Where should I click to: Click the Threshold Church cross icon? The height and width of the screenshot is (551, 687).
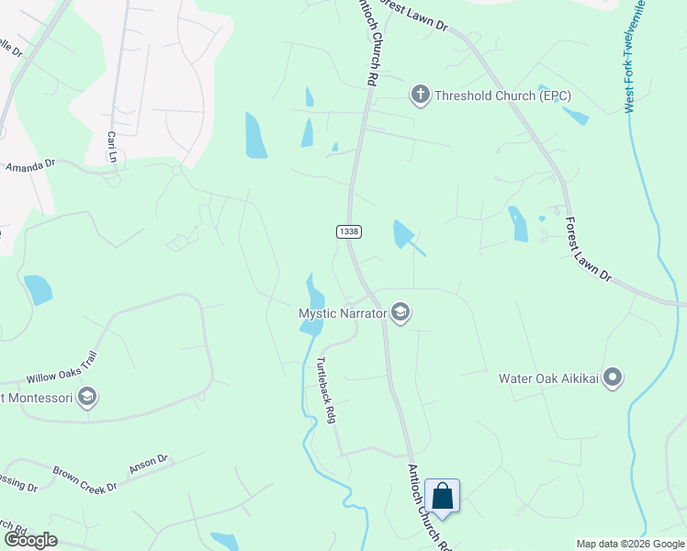(x=420, y=94)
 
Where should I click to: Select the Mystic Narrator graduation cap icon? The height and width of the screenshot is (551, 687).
(x=400, y=313)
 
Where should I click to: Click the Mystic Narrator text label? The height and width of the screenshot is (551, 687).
(x=342, y=313)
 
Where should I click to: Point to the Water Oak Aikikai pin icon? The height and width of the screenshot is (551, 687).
(x=614, y=377)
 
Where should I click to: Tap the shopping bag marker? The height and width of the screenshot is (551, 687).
(x=442, y=497)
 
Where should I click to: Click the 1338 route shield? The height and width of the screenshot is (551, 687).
(x=348, y=231)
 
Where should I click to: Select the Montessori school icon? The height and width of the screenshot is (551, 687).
(x=87, y=398)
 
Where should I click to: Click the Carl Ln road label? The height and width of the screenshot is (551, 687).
(x=113, y=147)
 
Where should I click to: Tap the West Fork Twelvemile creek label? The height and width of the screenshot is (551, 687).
(x=635, y=55)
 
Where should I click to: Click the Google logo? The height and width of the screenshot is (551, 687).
(x=30, y=540)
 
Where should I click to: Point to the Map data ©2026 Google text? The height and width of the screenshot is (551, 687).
(x=629, y=544)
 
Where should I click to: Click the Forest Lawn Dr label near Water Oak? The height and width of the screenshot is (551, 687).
(x=589, y=248)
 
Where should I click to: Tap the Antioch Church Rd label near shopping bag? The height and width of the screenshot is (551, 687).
(x=430, y=507)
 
